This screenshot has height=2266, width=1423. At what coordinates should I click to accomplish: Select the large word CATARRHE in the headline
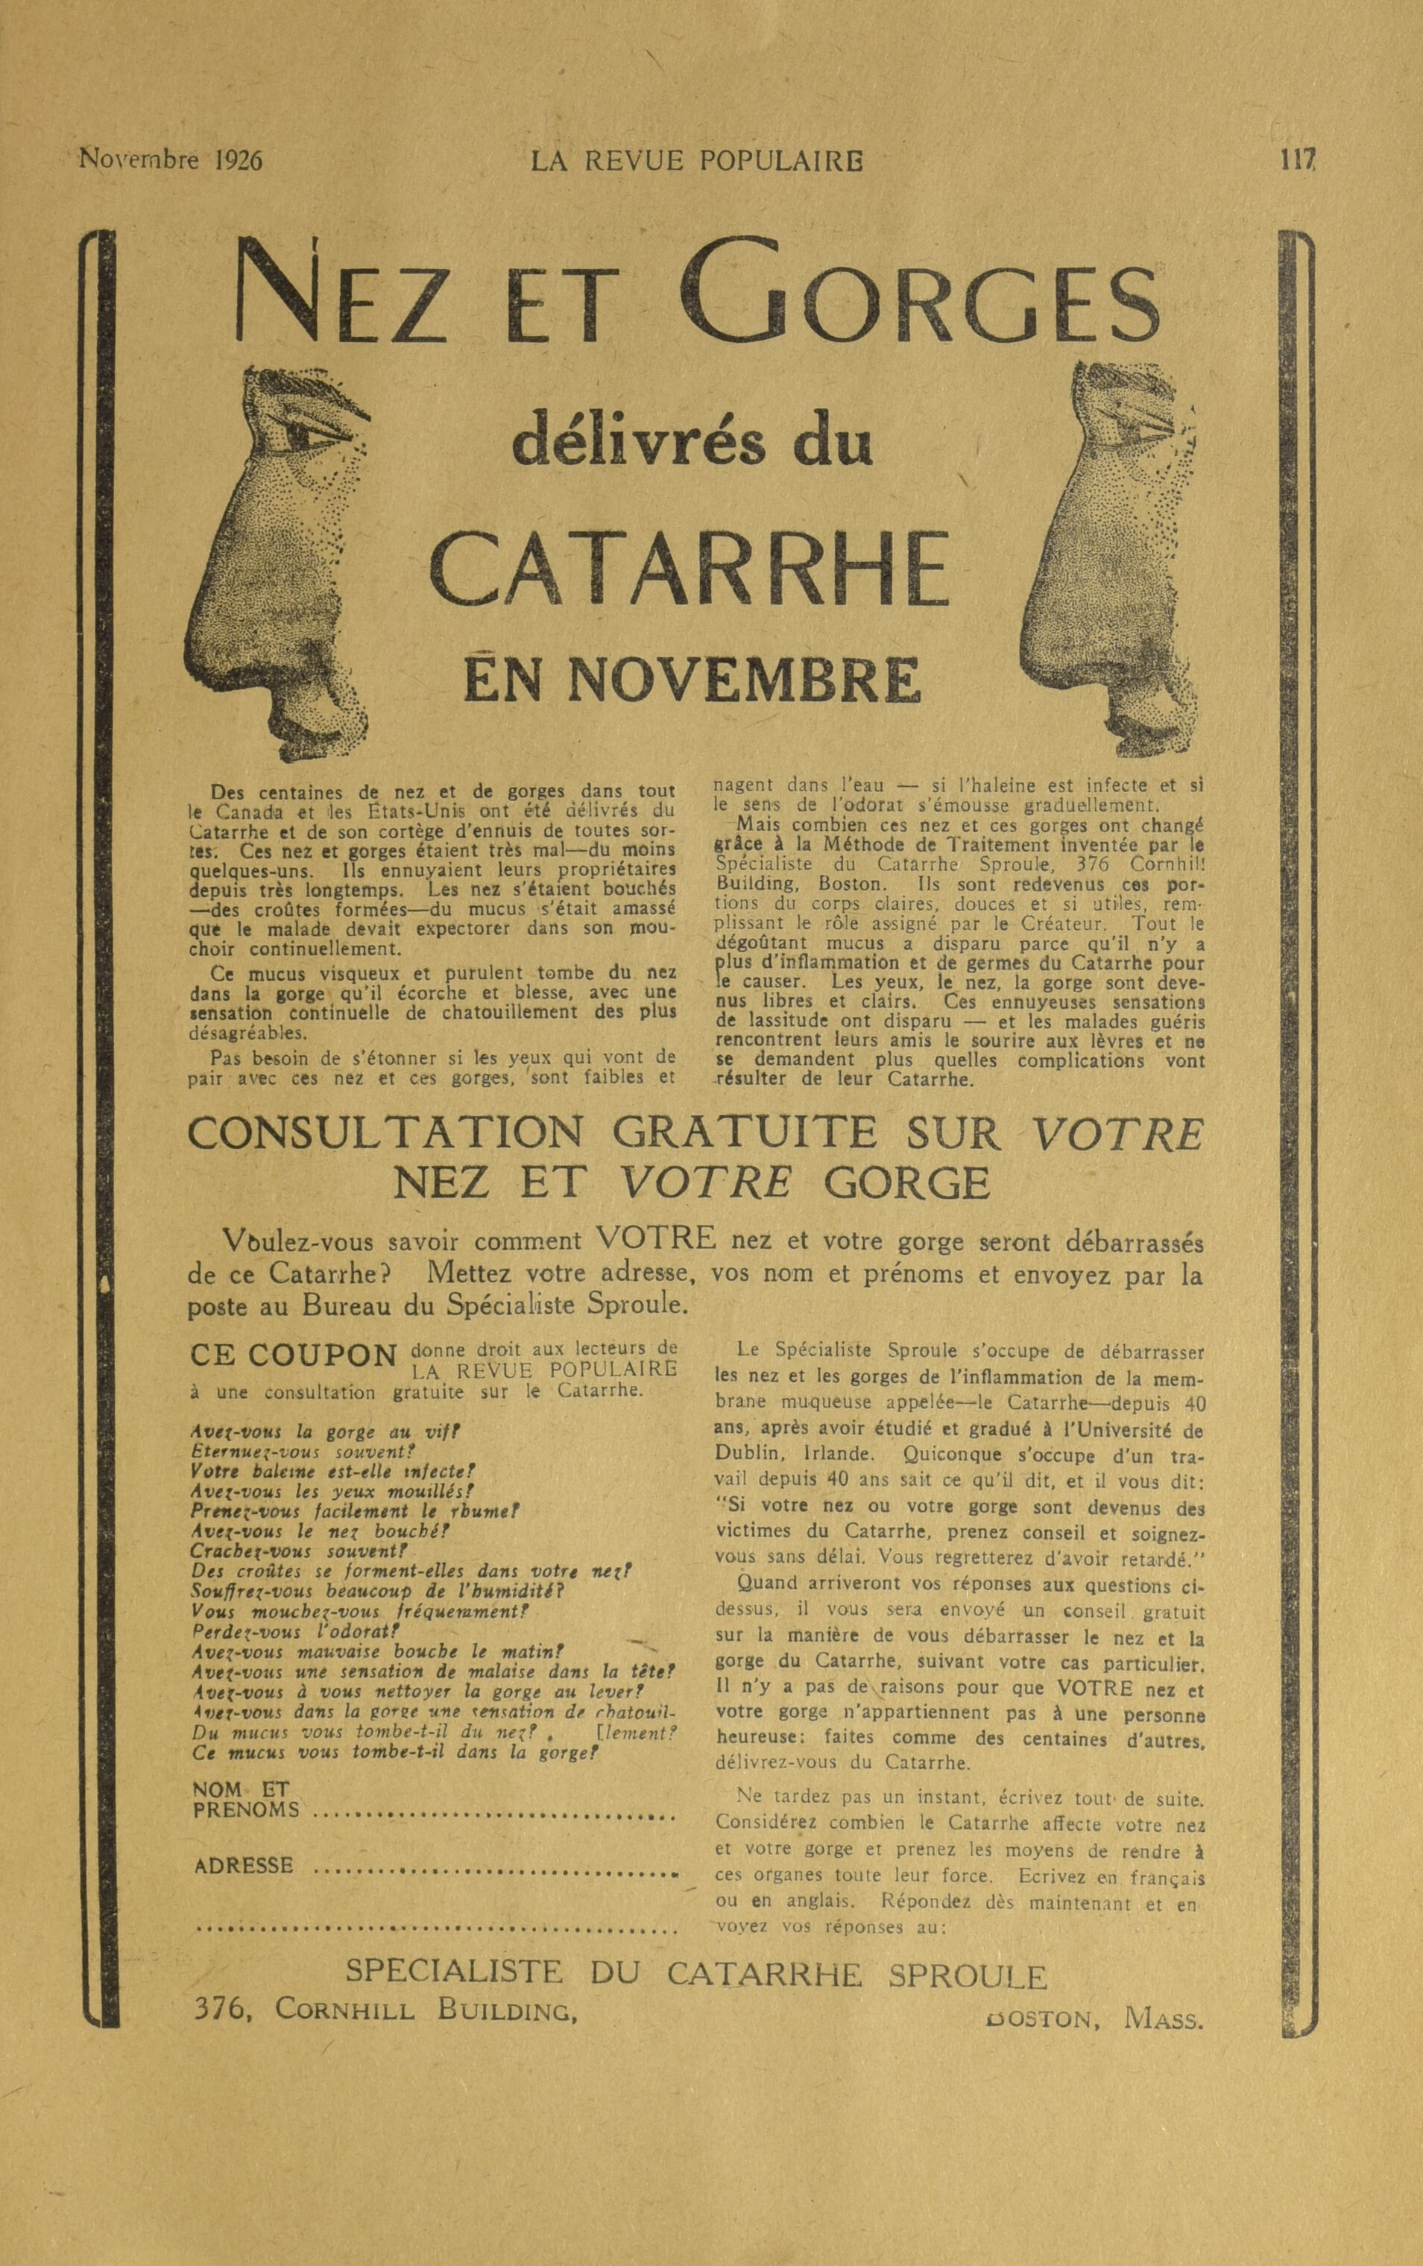pos(689,570)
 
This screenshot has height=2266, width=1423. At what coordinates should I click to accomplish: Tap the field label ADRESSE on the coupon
pos(243,1865)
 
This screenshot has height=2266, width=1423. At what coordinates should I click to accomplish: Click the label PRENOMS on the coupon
pos(246,1808)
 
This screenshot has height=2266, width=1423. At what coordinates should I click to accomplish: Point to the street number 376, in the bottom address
pos(220,2009)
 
